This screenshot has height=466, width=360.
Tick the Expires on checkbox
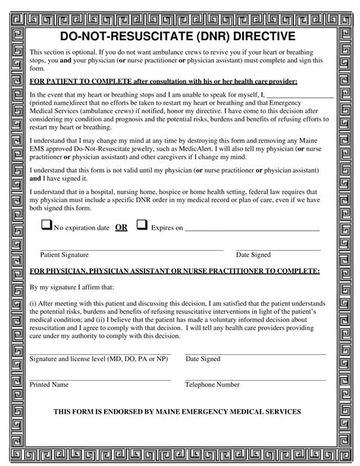141,226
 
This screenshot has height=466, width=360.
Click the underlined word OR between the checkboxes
121,227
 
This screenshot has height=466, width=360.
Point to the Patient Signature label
65,255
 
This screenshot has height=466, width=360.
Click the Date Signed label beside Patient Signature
253,255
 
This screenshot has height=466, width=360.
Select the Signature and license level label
99,358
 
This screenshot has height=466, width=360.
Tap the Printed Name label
49,385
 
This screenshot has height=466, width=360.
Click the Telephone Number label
213,385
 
